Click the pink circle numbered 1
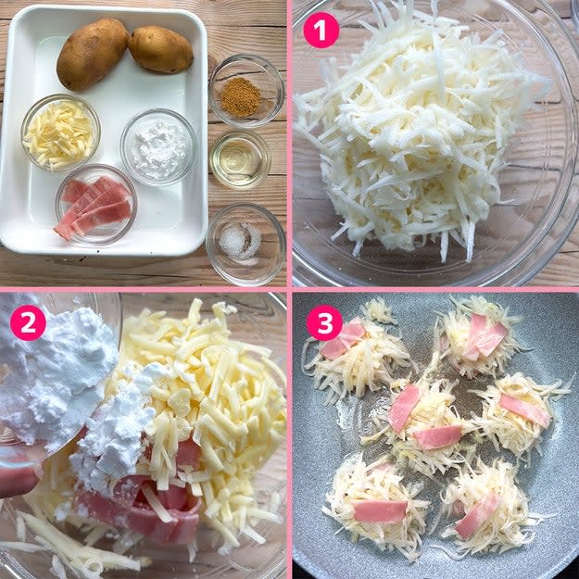(321, 31)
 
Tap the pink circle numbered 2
(28, 322)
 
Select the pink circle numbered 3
(324, 322)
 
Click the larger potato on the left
(92, 53)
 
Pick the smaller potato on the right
(160, 49)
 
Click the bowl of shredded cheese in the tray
(60, 132)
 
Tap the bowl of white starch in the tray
(158, 147)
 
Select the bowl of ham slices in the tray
(96, 204)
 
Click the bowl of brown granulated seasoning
(246, 91)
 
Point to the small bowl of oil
(240, 159)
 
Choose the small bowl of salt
(245, 244)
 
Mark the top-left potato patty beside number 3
(357, 355)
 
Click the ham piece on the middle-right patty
(525, 410)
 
